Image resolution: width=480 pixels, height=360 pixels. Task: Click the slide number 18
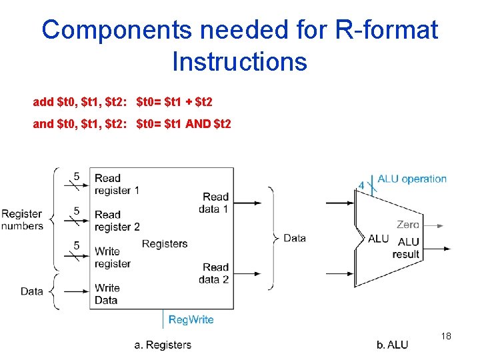pyautogui.click(x=446, y=336)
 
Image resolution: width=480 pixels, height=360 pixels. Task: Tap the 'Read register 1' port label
pyautogui.click(x=117, y=184)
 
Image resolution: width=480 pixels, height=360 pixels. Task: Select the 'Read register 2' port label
pyautogui.click(x=117, y=221)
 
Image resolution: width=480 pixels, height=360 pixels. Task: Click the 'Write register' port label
pyautogui.click(x=112, y=257)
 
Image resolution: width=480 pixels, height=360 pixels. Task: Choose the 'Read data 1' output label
pyautogui.click(x=214, y=203)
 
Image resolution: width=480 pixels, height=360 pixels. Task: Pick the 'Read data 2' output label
pyautogui.click(x=214, y=273)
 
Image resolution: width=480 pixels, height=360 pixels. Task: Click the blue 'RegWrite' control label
pyautogui.click(x=191, y=319)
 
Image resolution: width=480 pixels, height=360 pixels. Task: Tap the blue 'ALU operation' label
pyautogui.click(x=412, y=179)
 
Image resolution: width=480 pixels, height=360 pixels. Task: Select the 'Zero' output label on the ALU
pyautogui.click(x=408, y=225)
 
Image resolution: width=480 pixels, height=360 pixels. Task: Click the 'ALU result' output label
pyautogui.click(x=407, y=247)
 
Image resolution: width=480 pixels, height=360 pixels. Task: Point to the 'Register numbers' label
pyautogui.click(x=22, y=220)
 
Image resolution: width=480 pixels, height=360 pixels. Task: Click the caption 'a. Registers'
pyautogui.click(x=163, y=345)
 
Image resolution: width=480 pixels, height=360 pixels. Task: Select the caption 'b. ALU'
pyautogui.click(x=392, y=345)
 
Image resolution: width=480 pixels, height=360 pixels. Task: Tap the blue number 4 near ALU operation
pyautogui.click(x=361, y=185)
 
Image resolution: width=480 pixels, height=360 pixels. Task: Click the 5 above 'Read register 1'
pyautogui.click(x=77, y=176)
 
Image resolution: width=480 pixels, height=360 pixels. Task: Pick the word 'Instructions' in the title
pyautogui.click(x=239, y=62)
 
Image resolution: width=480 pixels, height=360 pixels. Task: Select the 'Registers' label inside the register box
pyautogui.click(x=165, y=244)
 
